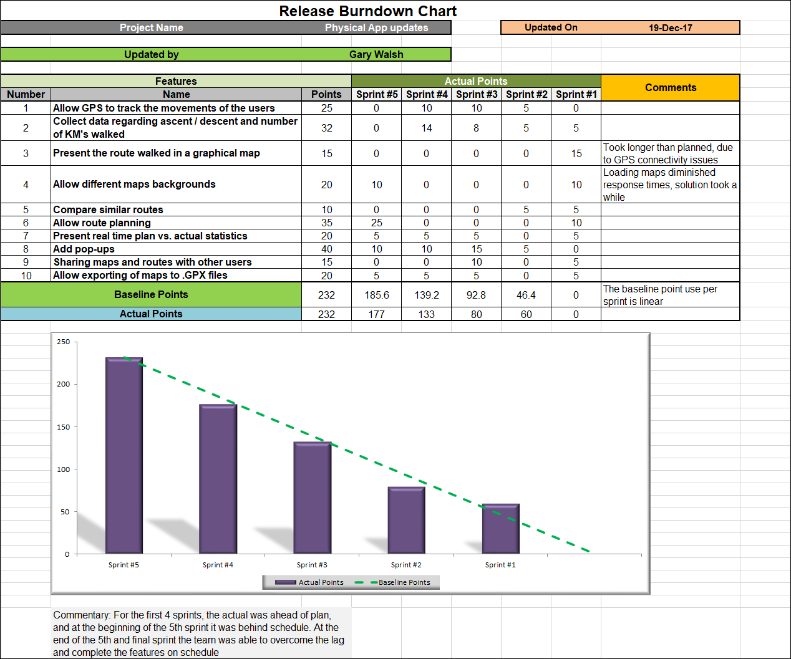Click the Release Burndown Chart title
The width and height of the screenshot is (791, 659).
367,11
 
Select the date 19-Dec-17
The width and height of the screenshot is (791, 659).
670,28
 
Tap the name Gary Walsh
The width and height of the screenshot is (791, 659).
376,54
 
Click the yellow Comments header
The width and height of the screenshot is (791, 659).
671,87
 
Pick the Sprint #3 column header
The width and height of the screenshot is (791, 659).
477,94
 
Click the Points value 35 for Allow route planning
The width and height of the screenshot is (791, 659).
326,223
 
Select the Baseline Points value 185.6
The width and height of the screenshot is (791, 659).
377,295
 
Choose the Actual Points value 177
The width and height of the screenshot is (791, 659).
376,314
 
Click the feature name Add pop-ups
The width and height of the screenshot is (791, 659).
84,249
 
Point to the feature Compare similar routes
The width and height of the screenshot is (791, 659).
108,209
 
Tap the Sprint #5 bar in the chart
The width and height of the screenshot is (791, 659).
124,455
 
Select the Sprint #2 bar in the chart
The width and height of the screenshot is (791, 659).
406,520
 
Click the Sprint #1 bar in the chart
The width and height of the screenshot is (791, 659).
500,529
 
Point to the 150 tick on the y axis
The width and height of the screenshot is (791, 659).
64,427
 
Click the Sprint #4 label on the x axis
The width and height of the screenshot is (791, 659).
218,565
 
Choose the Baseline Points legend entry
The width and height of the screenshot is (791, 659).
404,582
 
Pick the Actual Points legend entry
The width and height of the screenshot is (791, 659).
321,582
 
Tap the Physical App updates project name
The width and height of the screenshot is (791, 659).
376,27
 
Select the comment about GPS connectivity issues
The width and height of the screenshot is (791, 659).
667,153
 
